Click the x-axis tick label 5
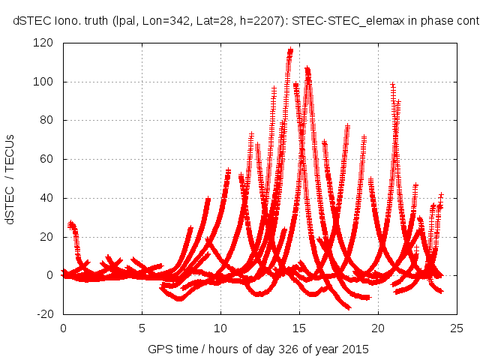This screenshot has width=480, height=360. (x=142, y=328)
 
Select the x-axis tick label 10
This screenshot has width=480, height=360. (x=220, y=328)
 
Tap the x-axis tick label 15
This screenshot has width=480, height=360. (x=299, y=328)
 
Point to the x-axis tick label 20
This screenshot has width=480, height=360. (x=378, y=328)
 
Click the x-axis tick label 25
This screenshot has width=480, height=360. (x=457, y=328)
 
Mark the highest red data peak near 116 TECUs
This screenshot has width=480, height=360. (x=290, y=51)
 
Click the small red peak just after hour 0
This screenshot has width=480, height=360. (x=70, y=224)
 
